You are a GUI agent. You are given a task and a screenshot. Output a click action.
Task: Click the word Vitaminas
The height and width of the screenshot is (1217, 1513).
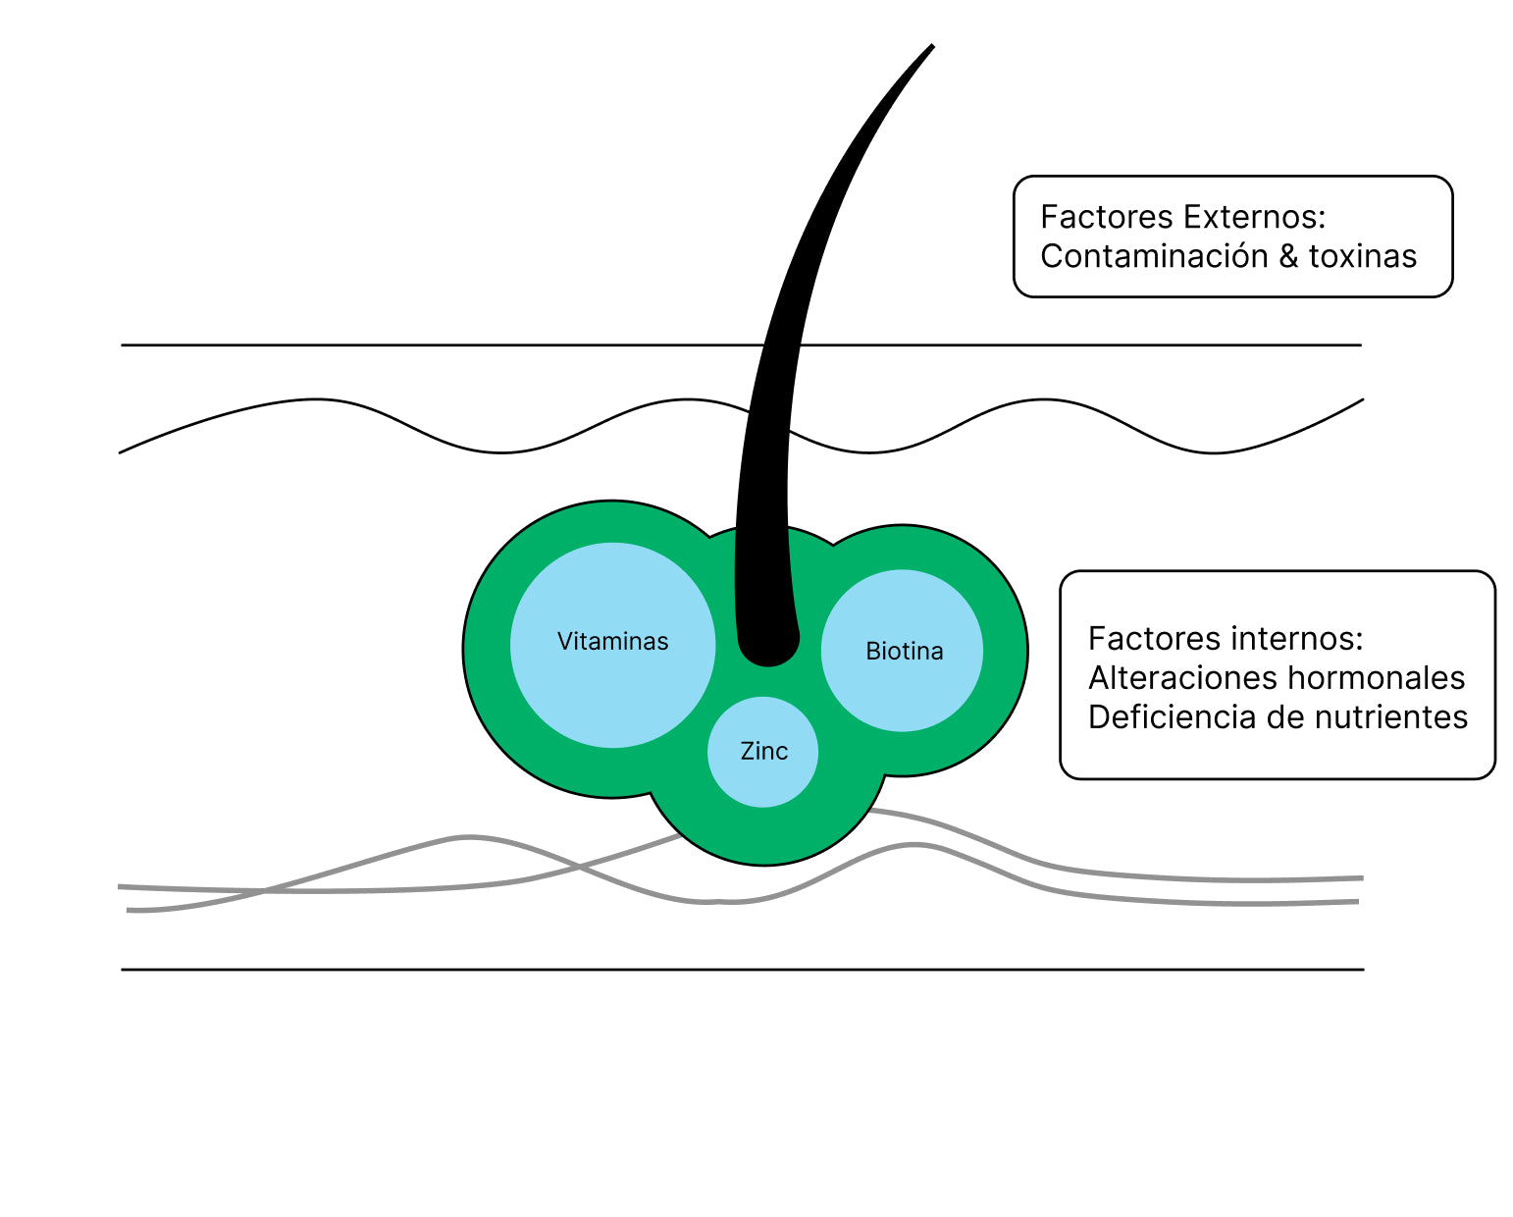612,641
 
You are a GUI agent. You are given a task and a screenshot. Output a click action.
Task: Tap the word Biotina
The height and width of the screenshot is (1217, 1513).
904,651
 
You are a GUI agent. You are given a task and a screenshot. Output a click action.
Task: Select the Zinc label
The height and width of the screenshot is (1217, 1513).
763,751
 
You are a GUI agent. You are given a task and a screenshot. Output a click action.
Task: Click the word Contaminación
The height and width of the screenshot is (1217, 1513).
1154,256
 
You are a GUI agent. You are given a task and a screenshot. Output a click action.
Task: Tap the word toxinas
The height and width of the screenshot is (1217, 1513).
1362,256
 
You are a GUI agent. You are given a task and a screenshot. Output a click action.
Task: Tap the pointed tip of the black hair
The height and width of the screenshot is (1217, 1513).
930,46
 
